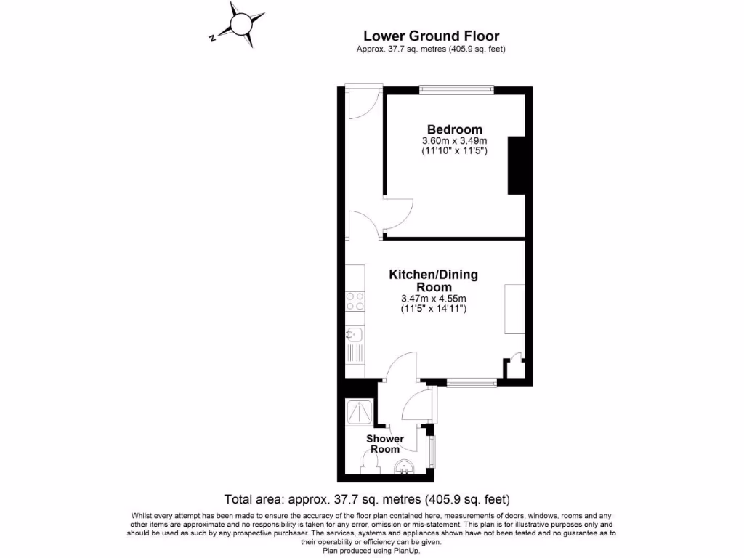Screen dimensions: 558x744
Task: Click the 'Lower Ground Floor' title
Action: click(431, 36)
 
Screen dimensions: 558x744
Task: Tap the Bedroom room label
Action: click(454, 130)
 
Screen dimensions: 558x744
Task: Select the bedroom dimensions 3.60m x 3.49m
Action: click(454, 141)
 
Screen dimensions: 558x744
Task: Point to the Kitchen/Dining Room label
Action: click(434, 280)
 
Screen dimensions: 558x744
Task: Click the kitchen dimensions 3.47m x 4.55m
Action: click(434, 299)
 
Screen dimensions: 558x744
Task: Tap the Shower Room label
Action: click(385, 444)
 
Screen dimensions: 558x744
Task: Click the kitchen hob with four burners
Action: click(355, 302)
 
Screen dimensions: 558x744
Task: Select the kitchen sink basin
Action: click(355, 335)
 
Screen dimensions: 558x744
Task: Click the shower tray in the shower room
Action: click(361, 412)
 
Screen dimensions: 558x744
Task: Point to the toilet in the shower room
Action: click(368, 463)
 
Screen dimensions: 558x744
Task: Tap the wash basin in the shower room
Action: click(404, 469)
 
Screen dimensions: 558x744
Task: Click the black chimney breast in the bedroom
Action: click(515, 165)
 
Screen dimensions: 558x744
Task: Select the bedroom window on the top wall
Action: click(457, 90)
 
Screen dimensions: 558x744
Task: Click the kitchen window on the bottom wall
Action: click(472, 381)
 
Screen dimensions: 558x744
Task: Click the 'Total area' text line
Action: click(367, 500)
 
